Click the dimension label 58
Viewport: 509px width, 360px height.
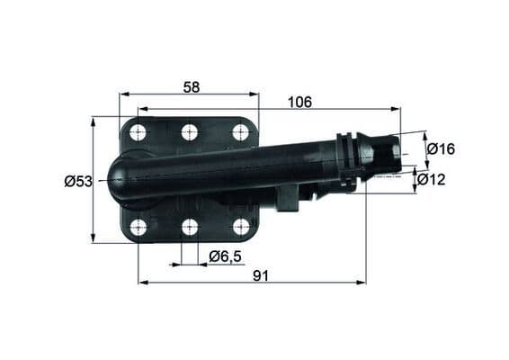[190, 86]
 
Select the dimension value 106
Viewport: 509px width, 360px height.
[299, 103]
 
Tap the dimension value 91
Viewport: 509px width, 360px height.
[261, 276]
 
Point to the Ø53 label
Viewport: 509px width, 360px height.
[78, 181]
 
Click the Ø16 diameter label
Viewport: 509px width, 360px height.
[441, 148]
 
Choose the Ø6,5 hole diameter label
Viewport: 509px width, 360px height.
[225, 256]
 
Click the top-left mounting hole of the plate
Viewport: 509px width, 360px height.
[138, 133]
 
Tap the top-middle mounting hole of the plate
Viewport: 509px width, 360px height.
[189, 133]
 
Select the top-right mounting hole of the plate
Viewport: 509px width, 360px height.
[240, 132]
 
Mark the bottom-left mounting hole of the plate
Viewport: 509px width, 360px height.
[138, 227]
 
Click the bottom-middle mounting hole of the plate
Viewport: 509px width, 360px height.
[189, 227]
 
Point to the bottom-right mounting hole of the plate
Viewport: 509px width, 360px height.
[240, 226]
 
